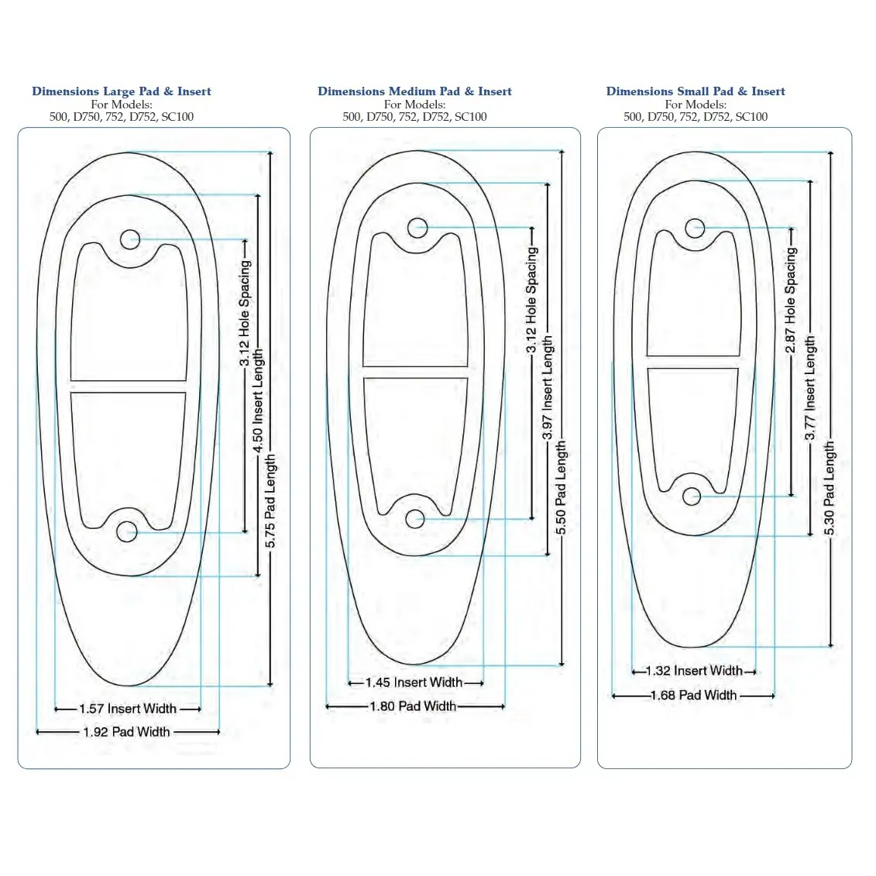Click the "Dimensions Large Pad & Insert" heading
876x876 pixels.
point(122,91)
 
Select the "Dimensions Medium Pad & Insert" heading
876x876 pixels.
point(414,91)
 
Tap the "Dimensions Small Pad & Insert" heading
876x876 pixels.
point(696,91)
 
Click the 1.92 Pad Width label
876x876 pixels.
point(127,732)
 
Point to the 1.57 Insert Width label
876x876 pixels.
point(128,709)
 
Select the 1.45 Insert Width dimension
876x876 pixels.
point(414,682)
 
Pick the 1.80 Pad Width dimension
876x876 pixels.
point(413,706)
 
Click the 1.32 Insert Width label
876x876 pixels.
point(694,671)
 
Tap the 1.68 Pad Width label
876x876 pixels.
point(693,696)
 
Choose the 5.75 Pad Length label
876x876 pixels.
point(270,501)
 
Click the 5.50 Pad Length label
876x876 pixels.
point(562,487)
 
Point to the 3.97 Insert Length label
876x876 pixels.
point(548,388)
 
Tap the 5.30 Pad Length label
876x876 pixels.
point(830,488)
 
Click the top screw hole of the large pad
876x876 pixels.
point(130,239)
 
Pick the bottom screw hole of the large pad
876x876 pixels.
point(126,531)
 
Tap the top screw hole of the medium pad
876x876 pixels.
point(417,228)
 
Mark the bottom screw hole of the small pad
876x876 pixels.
point(692,496)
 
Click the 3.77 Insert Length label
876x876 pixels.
point(810,388)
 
